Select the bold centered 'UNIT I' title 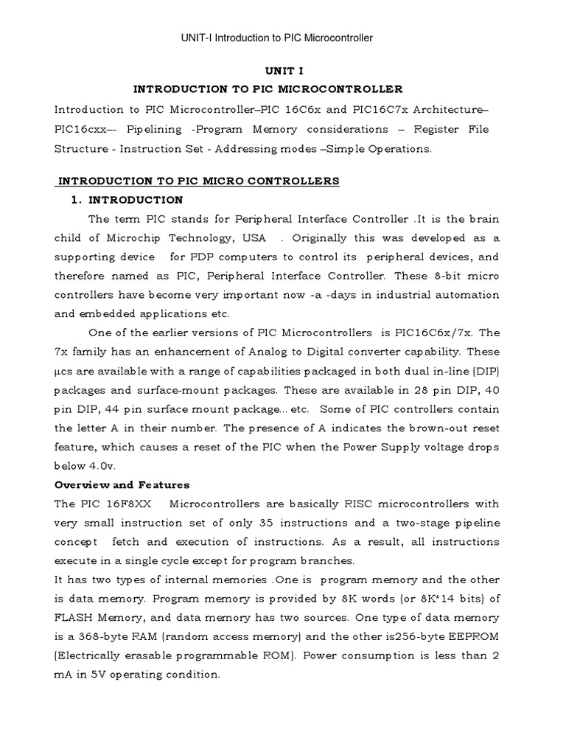pos(283,71)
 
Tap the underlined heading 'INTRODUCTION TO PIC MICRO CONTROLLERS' pos(198,181)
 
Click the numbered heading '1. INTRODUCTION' pos(127,200)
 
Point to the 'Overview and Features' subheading pos(122,484)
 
